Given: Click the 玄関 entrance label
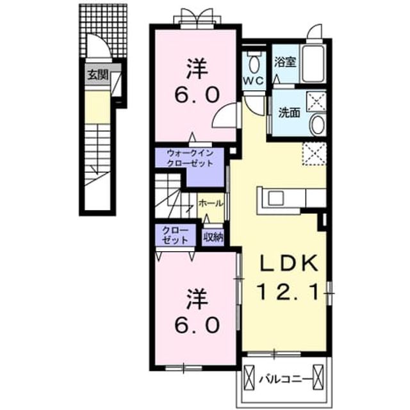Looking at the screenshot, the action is (x=97, y=75).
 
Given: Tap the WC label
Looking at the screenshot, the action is (x=253, y=81).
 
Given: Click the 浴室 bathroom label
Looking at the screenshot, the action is (x=285, y=62).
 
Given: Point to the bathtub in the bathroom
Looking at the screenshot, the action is (x=313, y=63).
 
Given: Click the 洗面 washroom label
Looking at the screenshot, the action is (x=289, y=113).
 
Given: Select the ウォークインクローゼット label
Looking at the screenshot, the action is (x=190, y=158).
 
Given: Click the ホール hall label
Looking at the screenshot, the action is (x=211, y=203).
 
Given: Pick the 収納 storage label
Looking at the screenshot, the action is (x=213, y=237).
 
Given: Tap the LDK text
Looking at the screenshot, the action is (x=288, y=263).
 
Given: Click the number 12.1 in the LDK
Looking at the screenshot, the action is (x=288, y=291).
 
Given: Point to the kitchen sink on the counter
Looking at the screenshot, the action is (x=276, y=198).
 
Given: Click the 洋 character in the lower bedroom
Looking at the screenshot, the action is (x=197, y=300).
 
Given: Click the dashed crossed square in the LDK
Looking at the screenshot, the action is (x=315, y=154).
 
